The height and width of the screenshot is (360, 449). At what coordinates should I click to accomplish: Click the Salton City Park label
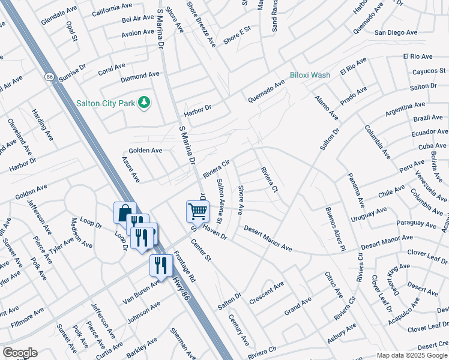105,103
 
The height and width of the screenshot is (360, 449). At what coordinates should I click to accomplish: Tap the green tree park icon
143,103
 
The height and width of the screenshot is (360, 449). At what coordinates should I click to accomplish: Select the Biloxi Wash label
310,75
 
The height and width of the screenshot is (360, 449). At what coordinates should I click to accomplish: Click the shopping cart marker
197,211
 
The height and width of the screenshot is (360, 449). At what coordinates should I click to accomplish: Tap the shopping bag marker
124,213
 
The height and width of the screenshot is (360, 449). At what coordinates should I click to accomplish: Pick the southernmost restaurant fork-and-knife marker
161,265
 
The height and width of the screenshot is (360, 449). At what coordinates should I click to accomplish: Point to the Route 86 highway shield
49,77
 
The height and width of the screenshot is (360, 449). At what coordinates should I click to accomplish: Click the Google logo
19,353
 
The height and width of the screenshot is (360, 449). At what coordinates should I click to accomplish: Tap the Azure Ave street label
130,170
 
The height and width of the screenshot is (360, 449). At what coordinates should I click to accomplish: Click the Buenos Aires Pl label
335,229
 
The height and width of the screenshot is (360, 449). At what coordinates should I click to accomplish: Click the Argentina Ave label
406,109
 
